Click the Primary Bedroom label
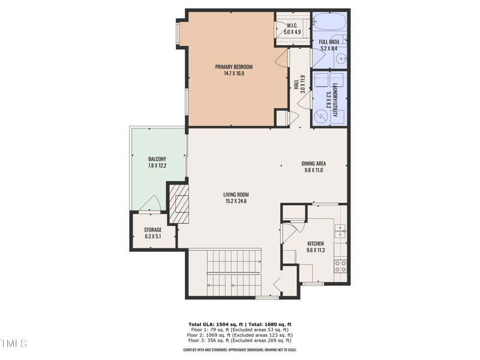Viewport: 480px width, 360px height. click(x=234, y=67)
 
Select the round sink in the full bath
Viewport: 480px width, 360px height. click(x=340, y=58)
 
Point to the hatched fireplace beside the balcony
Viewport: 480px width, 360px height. click(x=179, y=204)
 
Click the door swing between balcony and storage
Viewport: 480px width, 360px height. click(x=150, y=204)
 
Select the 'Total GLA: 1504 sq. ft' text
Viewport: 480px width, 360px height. click(x=212, y=324)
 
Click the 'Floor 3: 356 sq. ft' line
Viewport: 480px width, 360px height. click(x=239, y=340)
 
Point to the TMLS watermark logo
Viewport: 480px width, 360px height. click(x=13, y=344)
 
